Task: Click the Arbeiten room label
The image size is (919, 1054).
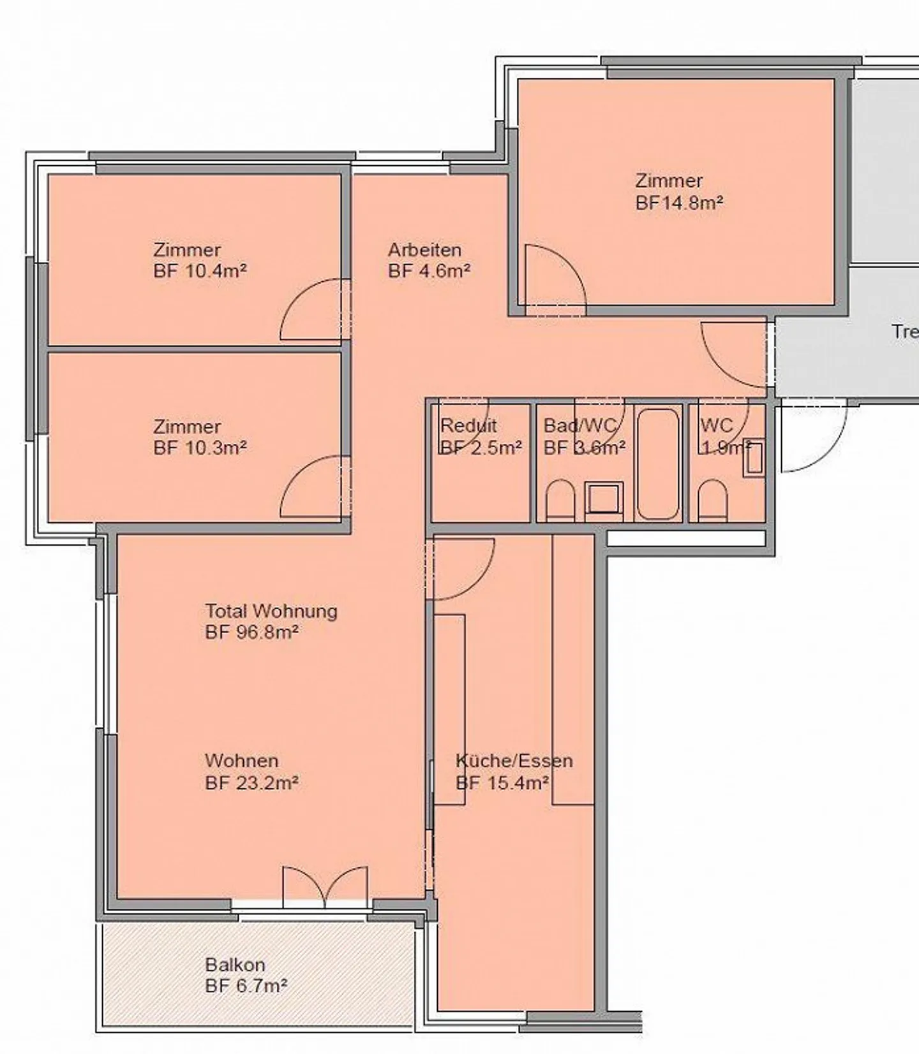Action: [x=424, y=249]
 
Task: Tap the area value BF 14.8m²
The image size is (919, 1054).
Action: [x=679, y=203]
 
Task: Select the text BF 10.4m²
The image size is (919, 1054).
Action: [x=200, y=271]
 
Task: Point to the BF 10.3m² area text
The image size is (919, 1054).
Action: [x=200, y=448]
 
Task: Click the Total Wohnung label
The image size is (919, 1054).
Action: [x=271, y=611]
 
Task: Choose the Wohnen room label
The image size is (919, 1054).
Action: [x=241, y=761]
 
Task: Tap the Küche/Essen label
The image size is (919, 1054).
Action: [x=514, y=761]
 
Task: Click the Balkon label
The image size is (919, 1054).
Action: [x=235, y=965]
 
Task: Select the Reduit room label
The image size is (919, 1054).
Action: [x=468, y=425]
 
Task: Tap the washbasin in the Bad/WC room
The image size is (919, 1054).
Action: [x=604, y=498]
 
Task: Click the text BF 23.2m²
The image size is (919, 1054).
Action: [x=252, y=782]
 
